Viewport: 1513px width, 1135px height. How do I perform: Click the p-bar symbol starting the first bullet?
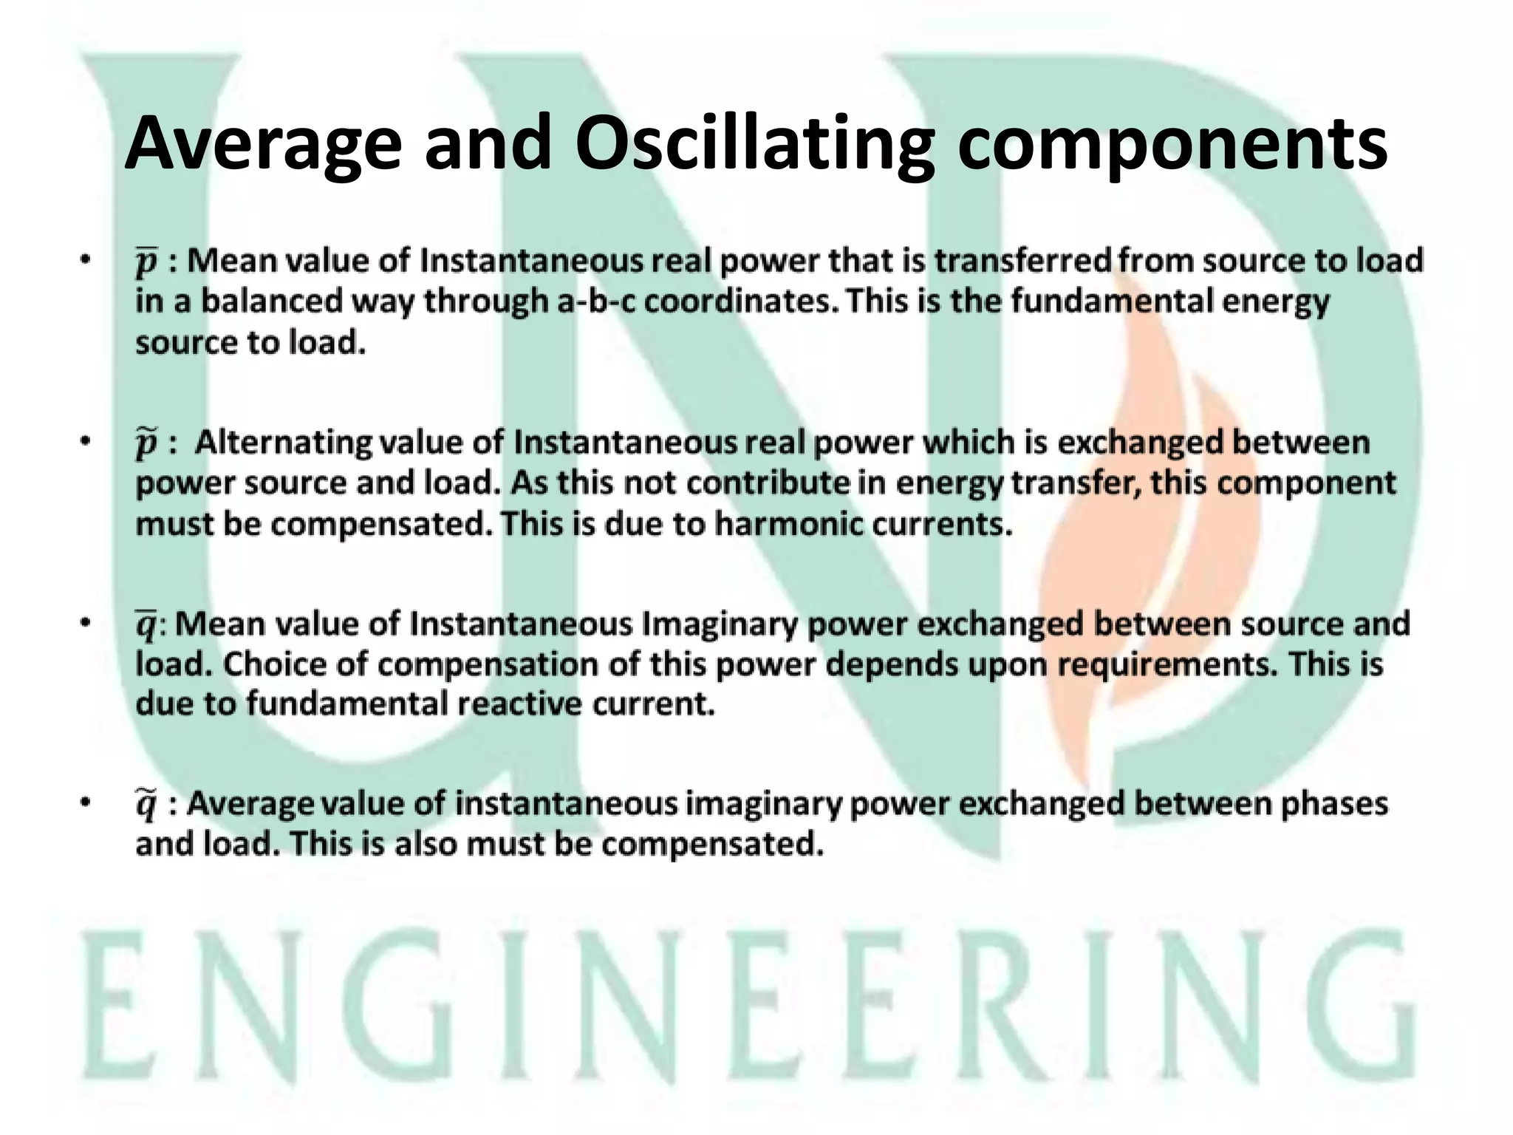click(147, 262)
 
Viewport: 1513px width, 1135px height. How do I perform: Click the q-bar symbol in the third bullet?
click(146, 625)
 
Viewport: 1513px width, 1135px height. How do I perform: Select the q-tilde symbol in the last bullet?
click(146, 805)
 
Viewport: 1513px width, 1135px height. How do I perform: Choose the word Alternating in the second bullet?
click(284, 443)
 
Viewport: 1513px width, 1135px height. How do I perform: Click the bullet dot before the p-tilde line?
click(86, 443)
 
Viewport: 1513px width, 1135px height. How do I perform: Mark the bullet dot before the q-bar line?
click(86, 624)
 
